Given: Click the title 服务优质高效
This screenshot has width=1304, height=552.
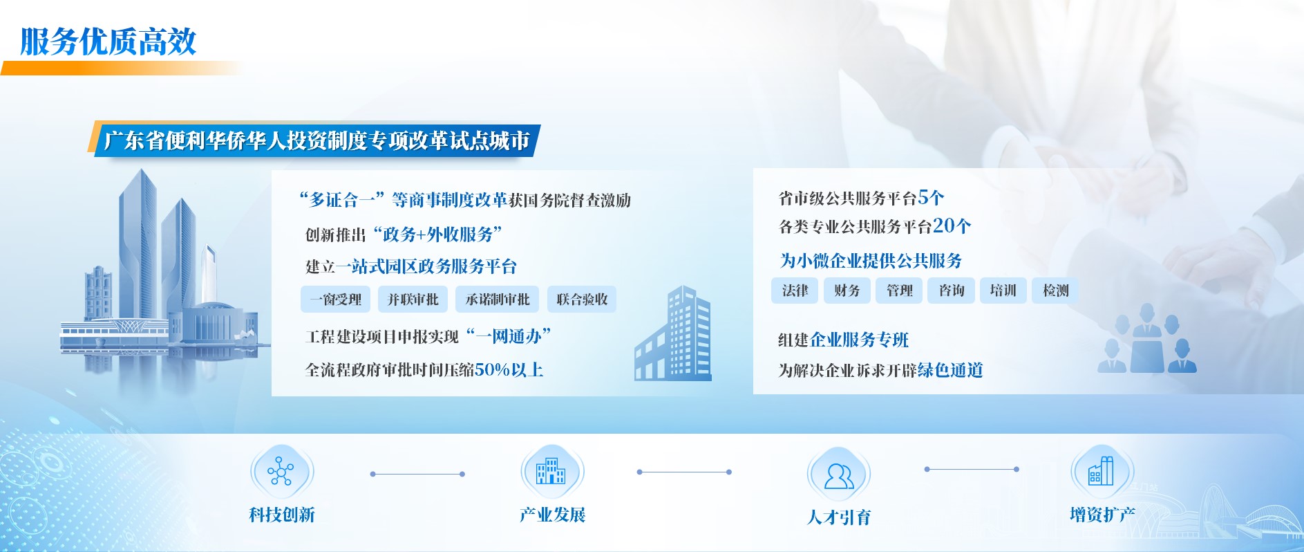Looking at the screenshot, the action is (108, 42).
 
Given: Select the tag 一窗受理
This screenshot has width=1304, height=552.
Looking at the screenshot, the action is (336, 300).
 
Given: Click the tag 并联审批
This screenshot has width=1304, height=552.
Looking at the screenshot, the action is (413, 300).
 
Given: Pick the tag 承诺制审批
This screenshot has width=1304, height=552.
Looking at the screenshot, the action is (498, 300).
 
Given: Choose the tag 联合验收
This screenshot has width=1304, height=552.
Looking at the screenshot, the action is (582, 300).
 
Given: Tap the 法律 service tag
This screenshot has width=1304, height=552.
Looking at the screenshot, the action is (795, 291).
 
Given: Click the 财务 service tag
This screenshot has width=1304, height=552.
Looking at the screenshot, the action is (847, 291).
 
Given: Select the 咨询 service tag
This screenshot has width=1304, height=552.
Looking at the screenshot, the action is (952, 291).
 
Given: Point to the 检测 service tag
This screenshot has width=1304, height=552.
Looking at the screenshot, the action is (1055, 291).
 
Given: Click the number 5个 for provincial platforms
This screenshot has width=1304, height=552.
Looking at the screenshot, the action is (931, 198).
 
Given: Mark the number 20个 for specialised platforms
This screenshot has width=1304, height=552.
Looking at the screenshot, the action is (952, 226).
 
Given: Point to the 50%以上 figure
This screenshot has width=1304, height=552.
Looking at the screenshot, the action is (509, 369).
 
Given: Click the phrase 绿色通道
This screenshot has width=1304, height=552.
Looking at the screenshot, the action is (950, 370).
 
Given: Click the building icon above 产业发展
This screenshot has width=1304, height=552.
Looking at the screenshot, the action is (551, 471).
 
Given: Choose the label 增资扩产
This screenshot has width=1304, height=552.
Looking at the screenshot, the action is (1102, 515).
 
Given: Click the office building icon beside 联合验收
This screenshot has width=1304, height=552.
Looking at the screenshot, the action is (672, 333).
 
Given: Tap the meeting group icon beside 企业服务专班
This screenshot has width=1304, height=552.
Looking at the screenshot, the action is (1147, 339).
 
